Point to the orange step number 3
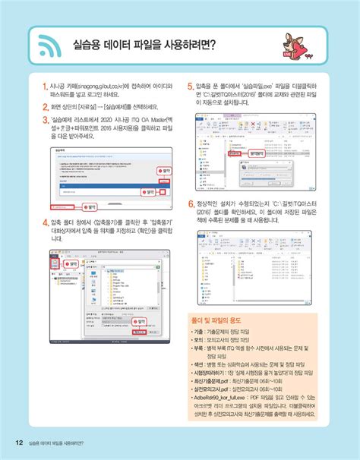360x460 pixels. click(x=46, y=120)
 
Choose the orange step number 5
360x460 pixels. click(x=190, y=87)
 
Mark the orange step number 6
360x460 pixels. click(x=190, y=205)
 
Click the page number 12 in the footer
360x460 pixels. click(x=17, y=443)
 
